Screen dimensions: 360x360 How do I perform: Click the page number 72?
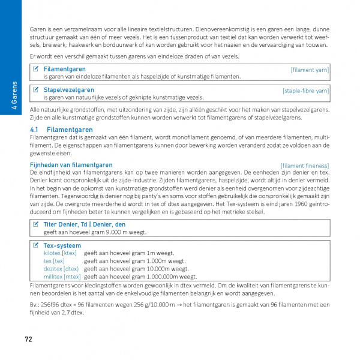pyautogui.click(x=28, y=340)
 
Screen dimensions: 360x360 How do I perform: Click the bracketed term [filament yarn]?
pyautogui.click(x=310, y=70)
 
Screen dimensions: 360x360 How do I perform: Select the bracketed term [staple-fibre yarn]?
pyautogui.click(x=305, y=91)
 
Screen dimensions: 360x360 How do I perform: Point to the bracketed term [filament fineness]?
pyautogui.click(x=304, y=166)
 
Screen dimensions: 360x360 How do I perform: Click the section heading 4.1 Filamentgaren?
pyautogui.click(x=61, y=130)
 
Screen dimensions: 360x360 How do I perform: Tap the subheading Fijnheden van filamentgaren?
pyautogui.click(x=71, y=165)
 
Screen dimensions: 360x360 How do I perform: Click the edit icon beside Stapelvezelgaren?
pyautogui.click(x=36, y=90)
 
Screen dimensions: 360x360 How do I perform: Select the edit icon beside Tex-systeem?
pyautogui.click(x=36, y=245)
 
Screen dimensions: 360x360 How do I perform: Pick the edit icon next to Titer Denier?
pyautogui.click(x=36, y=224)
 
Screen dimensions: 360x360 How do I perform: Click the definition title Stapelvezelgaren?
pyautogui.click(x=68, y=90)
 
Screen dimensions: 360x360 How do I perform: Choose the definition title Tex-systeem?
pyautogui.click(x=62, y=245)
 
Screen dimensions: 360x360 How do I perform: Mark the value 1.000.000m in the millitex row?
pyautogui.click(x=176, y=277)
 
